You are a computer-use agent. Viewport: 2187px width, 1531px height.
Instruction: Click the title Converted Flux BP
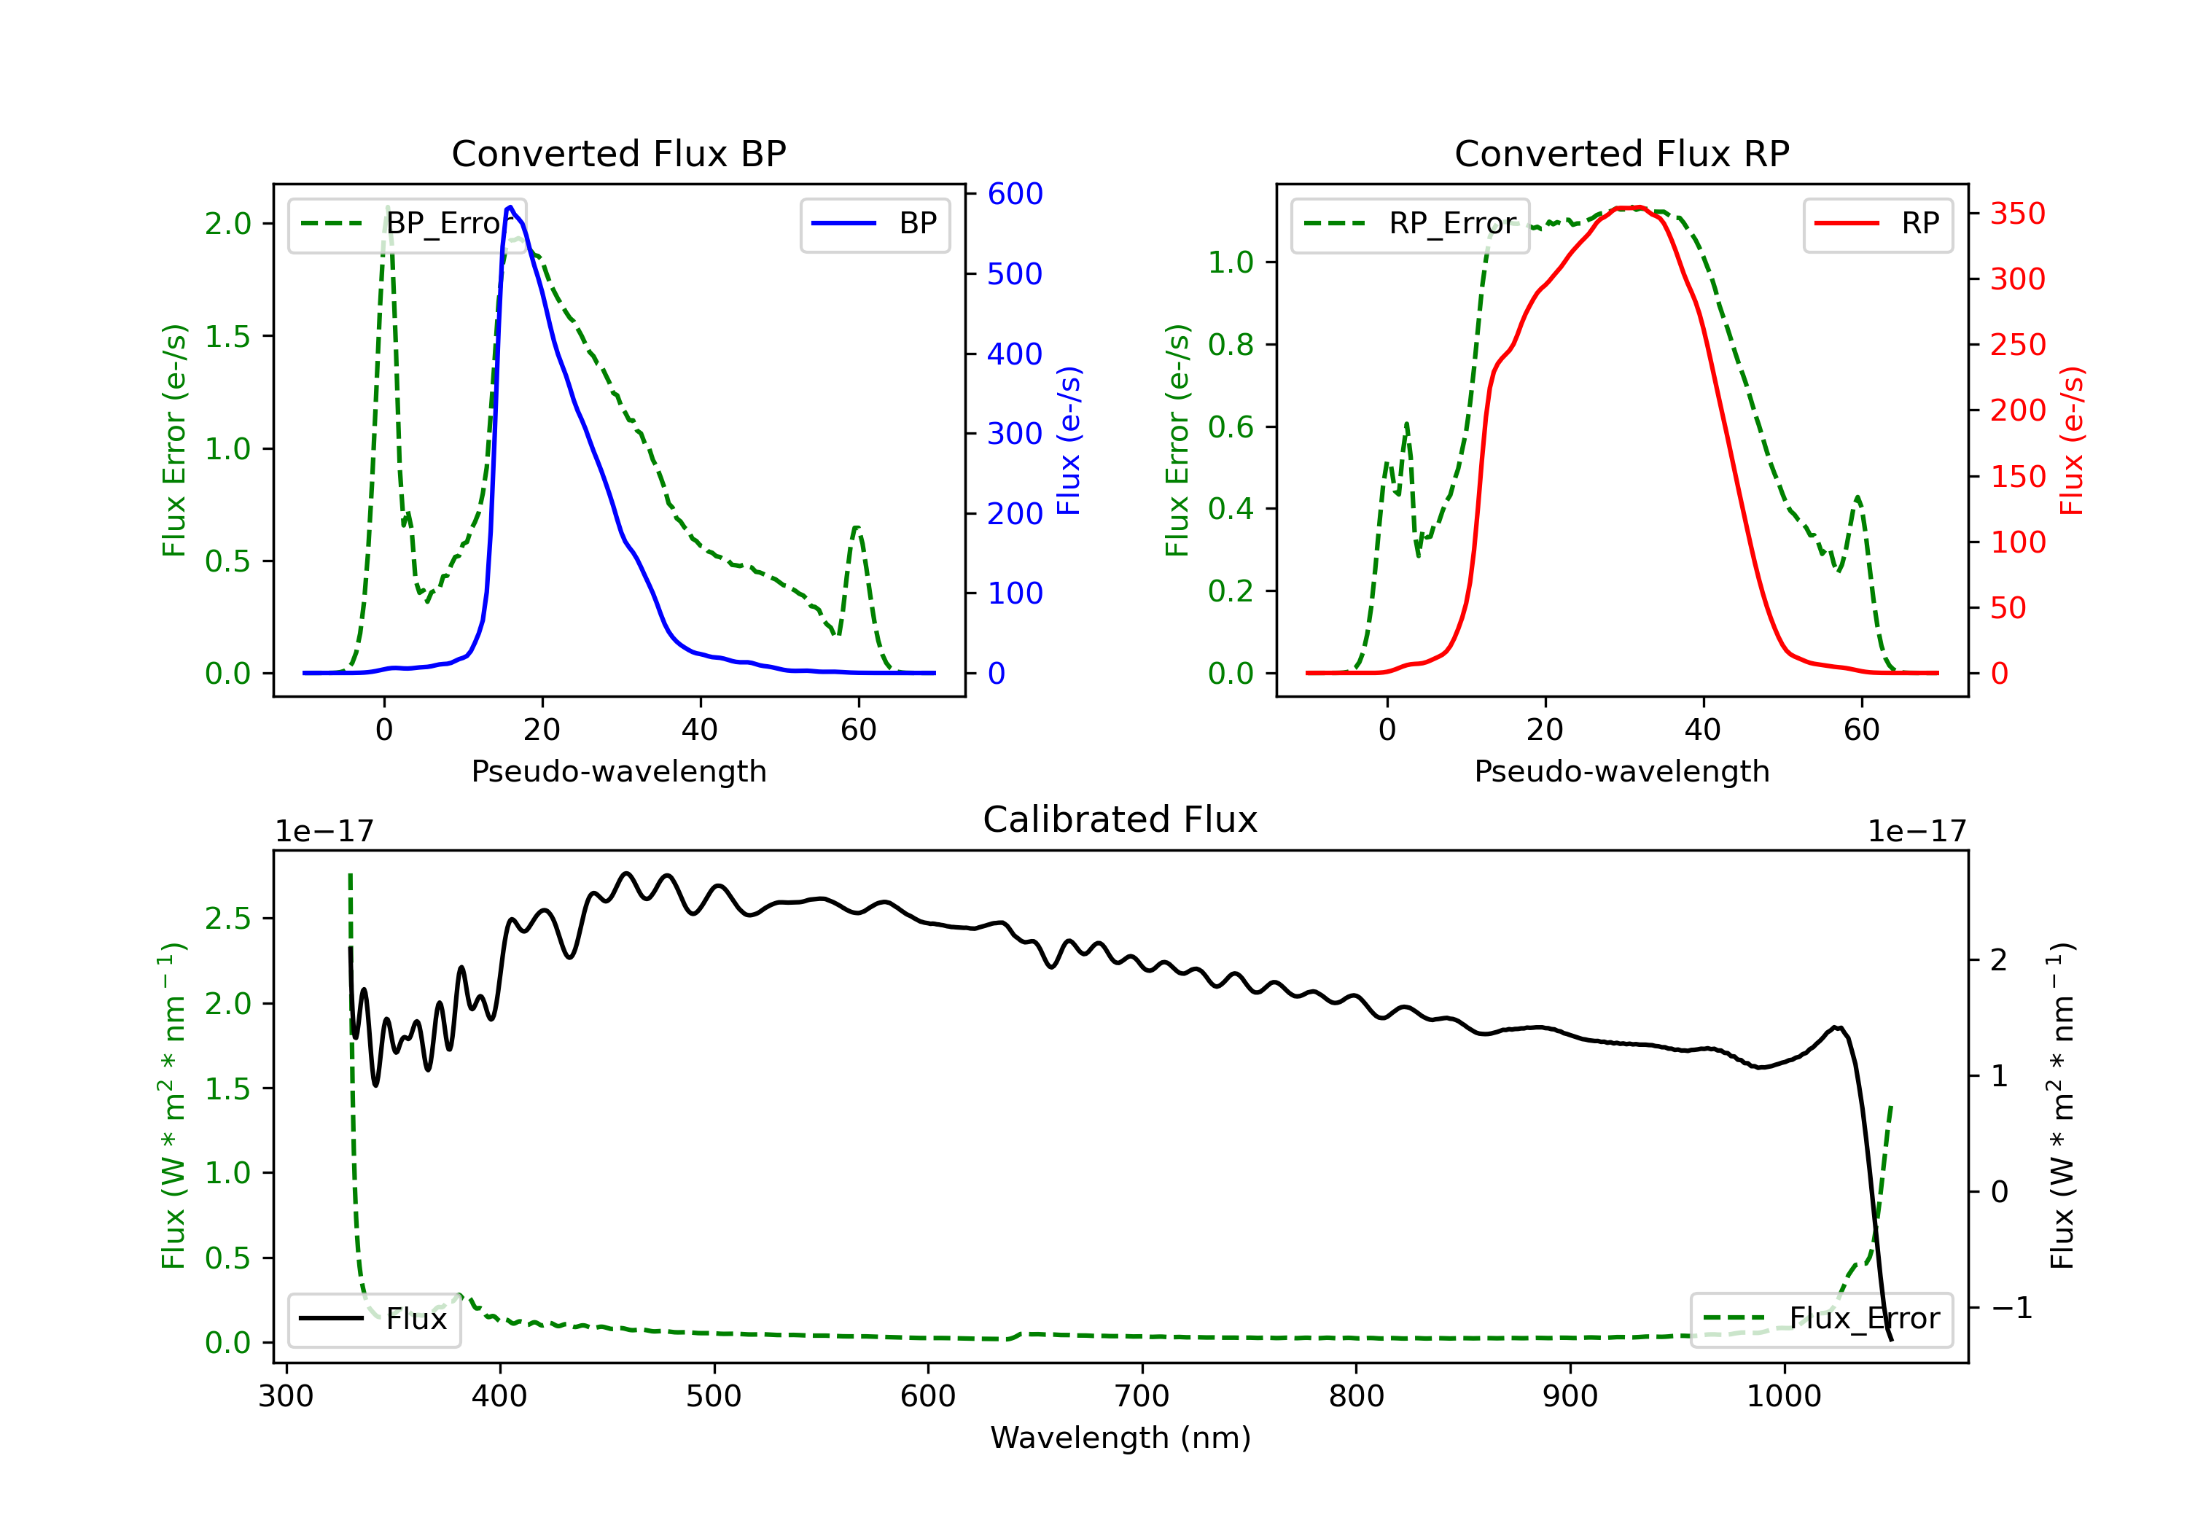(618, 153)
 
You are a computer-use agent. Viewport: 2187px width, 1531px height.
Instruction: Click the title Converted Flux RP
(1621, 153)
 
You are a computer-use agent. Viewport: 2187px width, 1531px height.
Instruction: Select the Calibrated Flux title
(1120, 819)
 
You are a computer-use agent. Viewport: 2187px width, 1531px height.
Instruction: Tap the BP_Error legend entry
(407, 224)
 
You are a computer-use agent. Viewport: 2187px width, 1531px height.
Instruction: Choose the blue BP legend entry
(874, 224)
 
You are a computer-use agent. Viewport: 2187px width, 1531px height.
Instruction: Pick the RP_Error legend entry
(1410, 224)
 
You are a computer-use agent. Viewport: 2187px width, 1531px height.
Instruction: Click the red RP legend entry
(1877, 224)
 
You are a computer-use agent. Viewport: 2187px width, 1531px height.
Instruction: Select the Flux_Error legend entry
(1821, 1319)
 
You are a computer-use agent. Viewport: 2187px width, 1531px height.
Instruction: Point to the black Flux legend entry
(373, 1319)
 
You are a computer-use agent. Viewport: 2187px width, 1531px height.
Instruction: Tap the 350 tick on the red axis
(2017, 214)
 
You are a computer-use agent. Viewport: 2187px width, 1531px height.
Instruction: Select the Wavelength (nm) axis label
(1120, 1438)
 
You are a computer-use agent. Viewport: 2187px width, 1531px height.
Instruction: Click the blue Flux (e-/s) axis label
(1069, 440)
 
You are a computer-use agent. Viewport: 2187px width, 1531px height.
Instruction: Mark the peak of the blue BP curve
(510, 207)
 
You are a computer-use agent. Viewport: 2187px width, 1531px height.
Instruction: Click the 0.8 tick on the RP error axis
(1231, 344)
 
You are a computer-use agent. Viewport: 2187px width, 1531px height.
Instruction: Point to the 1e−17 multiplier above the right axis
(1917, 832)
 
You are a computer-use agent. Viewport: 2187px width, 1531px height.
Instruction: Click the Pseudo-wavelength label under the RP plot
(1621, 771)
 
